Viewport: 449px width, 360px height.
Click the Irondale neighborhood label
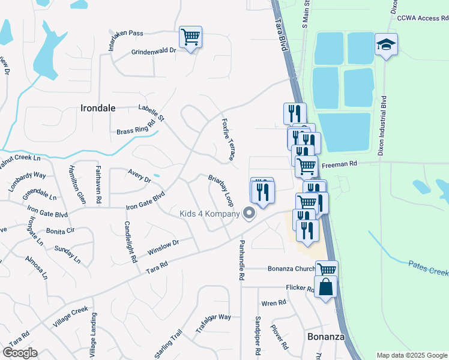pyautogui.click(x=98, y=108)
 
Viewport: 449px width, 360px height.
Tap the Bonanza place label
pyautogui.click(x=326, y=337)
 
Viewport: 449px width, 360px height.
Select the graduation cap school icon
pyautogui.click(x=387, y=45)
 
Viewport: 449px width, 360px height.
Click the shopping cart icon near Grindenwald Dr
pyautogui.click(x=190, y=38)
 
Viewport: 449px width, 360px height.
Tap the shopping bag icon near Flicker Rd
pyautogui.click(x=325, y=287)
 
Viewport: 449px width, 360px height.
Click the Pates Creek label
pyautogui.click(x=429, y=268)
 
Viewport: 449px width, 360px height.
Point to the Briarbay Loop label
pyautogui.click(x=220, y=190)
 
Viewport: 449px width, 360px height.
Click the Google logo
pyautogui.click(x=20, y=353)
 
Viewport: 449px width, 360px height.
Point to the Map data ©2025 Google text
pyautogui.click(x=411, y=355)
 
